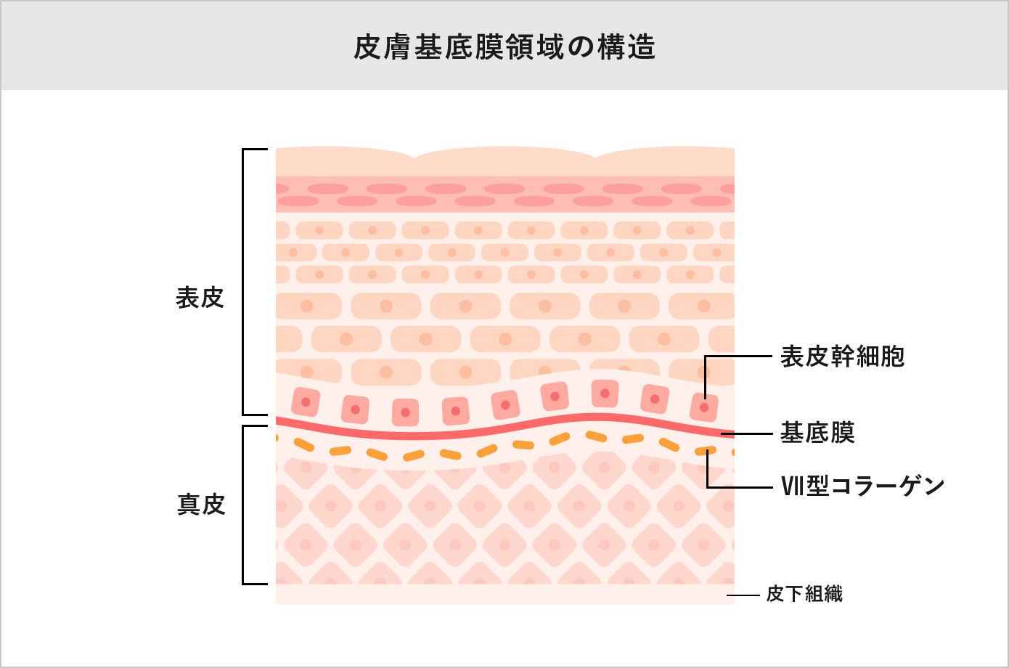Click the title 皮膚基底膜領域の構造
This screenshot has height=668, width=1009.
pos(504,47)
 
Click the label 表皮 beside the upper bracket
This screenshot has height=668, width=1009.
pos(200,298)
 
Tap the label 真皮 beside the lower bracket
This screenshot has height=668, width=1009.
pos(201,504)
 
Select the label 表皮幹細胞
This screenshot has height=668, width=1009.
pos(842,357)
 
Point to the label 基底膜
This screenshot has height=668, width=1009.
pos(817,433)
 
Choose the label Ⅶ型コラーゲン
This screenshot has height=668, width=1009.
pos(862,485)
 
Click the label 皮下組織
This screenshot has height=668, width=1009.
pos(804,594)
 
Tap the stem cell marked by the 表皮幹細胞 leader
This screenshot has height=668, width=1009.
pos(703,408)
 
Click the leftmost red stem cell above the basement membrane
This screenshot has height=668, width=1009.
pos(306,402)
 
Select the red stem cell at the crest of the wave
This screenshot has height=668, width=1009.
pos(604,394)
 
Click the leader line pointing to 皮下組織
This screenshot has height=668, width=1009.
pos(743,595)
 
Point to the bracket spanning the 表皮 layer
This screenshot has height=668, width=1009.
pos(243,282)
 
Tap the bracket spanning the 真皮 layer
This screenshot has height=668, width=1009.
pos(243,505)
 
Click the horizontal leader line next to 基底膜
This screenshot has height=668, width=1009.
pos(751,433)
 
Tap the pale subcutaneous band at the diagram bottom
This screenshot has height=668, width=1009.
pos(504,594)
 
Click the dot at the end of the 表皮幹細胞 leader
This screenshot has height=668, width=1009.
pos(704,408)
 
